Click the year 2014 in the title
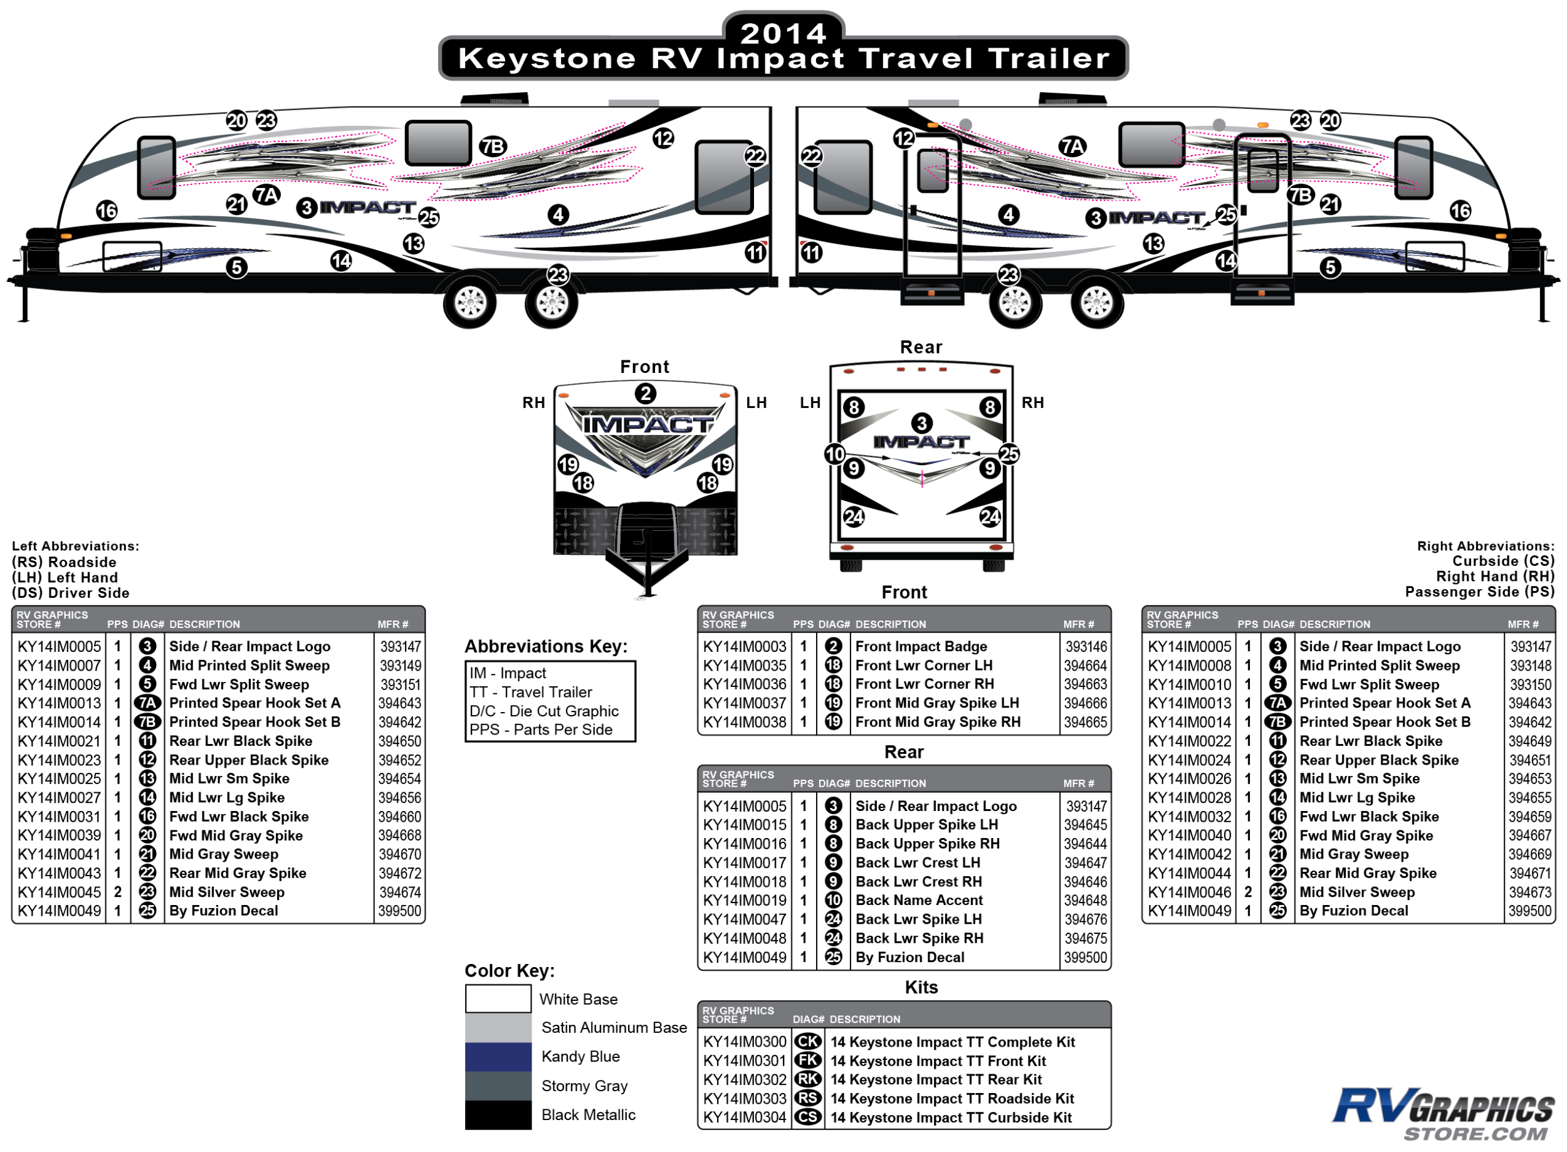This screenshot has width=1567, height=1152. [x=782, y=33]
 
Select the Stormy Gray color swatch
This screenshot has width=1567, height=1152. [x=498, y=1085]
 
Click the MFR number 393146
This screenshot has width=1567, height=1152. [x=1085, y=646]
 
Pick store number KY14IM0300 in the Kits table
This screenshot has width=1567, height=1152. [x=744, y=1041]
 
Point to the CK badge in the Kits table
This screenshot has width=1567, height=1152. [x=807, y=1041]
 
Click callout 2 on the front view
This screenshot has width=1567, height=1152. [x=645, y=394]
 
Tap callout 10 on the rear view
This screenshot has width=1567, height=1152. [x=835, y=454]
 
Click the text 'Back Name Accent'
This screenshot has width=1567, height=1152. [x=918, y=899]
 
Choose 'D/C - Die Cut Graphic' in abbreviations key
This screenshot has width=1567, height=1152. [x=544, y=711]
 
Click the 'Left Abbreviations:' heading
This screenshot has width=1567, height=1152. [x=75, y=546]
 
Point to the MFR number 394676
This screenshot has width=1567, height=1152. [x=1085, y=919]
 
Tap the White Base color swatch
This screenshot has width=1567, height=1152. [x=498, y=998]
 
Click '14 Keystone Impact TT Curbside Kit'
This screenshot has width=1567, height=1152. [x=950, y=1117]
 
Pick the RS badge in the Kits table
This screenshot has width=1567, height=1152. [x=807, y=1098]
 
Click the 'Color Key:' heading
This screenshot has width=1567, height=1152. [x=509, y=970]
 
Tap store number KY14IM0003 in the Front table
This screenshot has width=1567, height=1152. [x=744, y=646]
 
